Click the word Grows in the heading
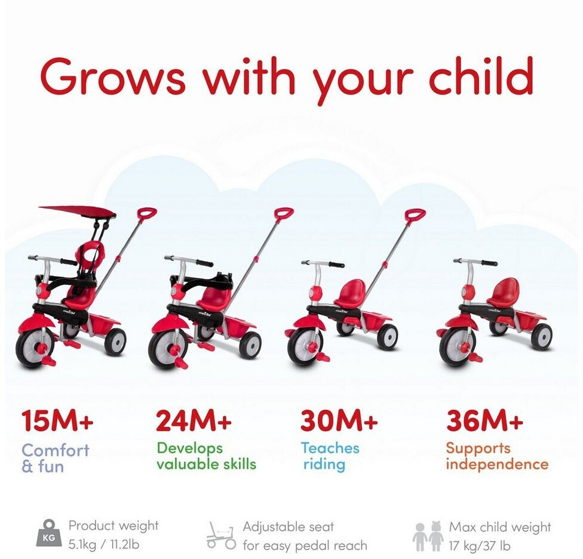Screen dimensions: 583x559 (113, 77)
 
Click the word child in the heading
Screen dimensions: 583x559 (481, 75)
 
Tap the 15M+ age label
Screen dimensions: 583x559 (57, 420)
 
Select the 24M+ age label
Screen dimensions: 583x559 (194, 420)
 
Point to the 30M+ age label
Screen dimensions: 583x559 (339, 420)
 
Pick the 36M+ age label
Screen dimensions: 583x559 (485, 420)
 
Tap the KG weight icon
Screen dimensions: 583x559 (50, 534)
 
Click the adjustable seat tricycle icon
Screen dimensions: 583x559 (221, 535)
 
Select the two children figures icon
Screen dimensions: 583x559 (428, 536)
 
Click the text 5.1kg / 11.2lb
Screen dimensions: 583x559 (104, 545)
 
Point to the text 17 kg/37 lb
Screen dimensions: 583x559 (480, 546)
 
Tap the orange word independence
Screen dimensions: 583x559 (497, 464)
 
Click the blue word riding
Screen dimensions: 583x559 (324, 465)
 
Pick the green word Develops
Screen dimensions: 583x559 (189, 449)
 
